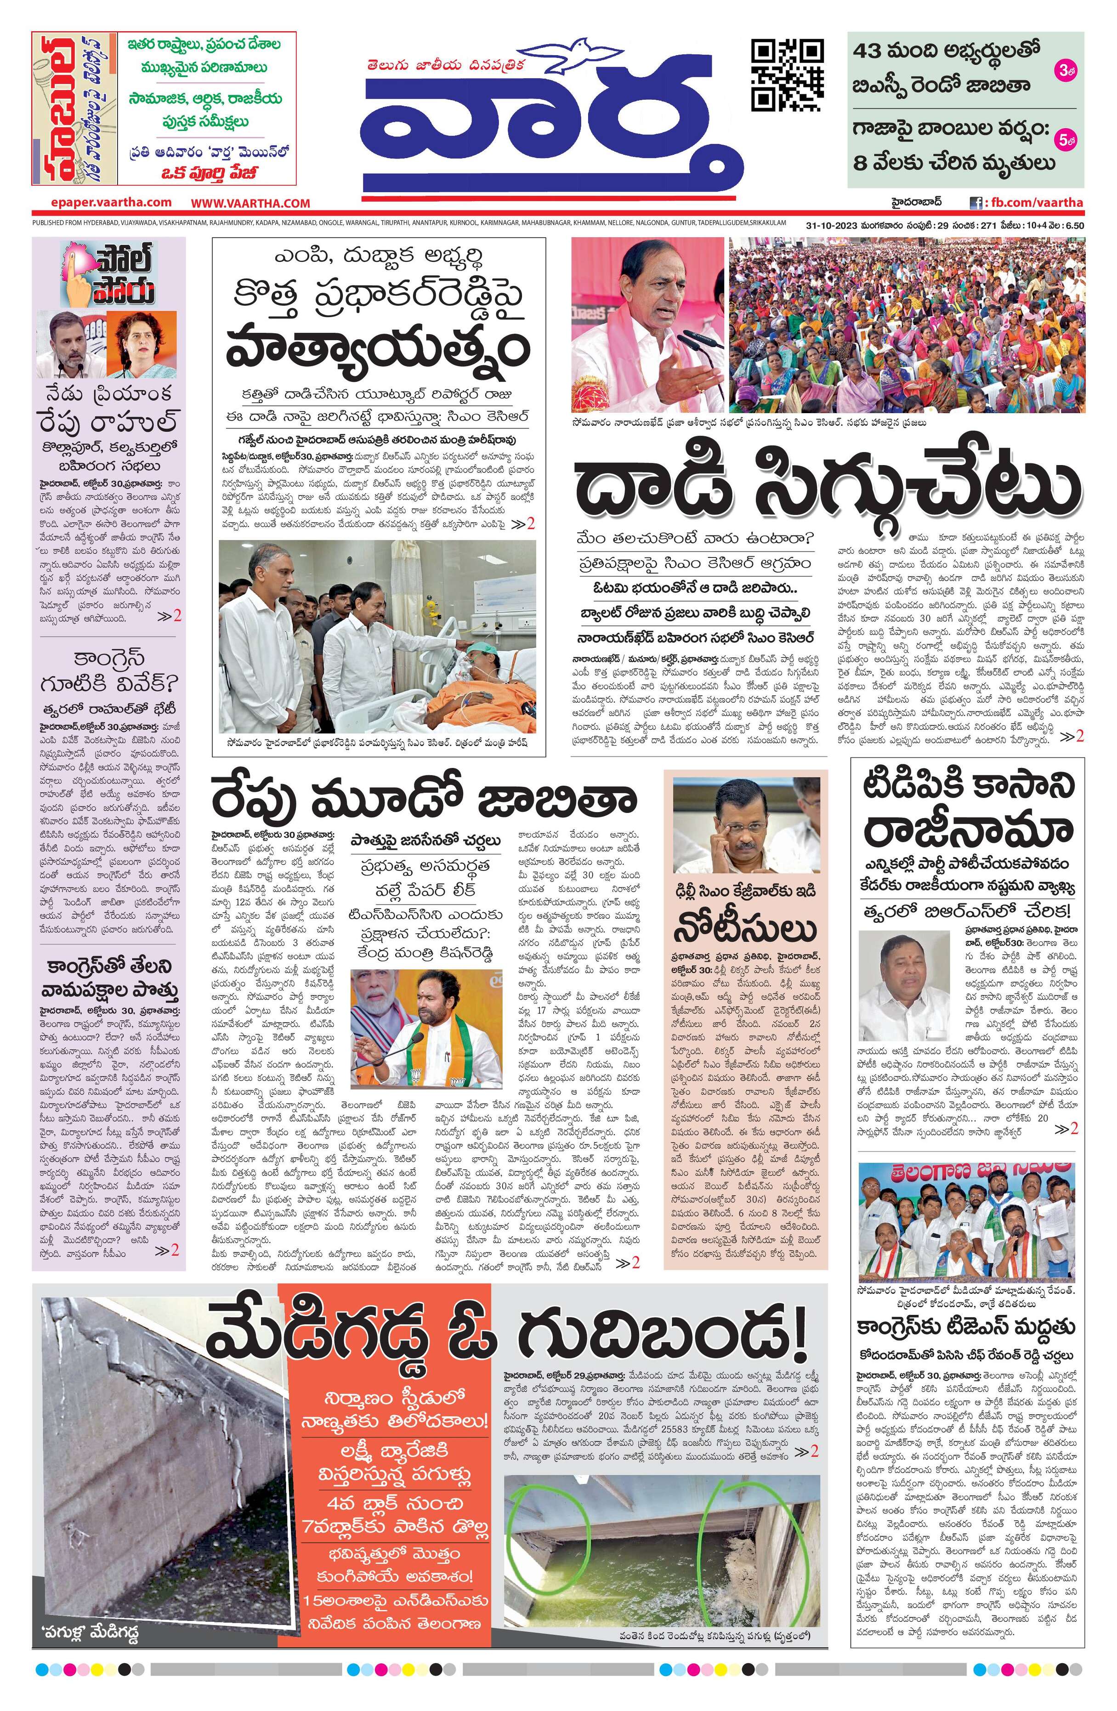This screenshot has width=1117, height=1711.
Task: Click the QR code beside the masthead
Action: [786, 75]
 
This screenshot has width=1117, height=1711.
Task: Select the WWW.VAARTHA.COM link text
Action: [250, 204]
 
